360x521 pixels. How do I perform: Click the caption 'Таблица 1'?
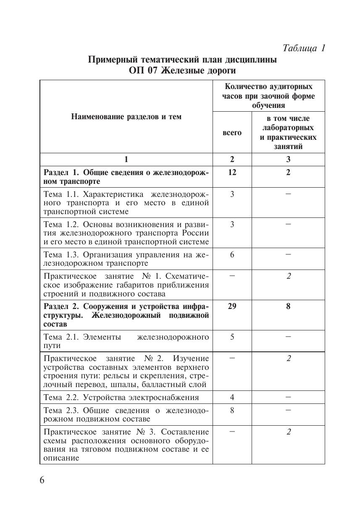304,48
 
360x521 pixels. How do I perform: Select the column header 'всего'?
232,132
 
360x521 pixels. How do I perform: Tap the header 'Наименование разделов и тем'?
126,117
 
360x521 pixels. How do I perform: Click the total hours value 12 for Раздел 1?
232,173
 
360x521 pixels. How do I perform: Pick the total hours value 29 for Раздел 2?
232,306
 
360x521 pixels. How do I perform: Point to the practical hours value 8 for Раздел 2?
288,306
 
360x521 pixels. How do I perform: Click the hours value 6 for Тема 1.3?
232,254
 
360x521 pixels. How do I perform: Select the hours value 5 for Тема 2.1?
232,337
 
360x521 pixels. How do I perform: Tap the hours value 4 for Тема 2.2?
232,397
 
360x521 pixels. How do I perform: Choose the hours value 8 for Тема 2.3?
232,410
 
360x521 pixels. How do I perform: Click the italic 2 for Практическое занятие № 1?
288,276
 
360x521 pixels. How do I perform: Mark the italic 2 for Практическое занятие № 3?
288,432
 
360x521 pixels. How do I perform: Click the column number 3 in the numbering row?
288,160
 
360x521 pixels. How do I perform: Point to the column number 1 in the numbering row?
126,160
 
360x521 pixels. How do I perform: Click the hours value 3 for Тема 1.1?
232,194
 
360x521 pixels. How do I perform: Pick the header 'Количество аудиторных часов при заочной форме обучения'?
268,96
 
